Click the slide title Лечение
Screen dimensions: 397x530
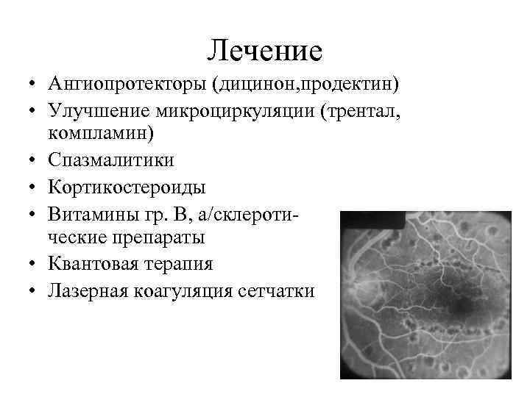[x=264, y=50]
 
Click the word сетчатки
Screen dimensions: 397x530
[x=277, y=290]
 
